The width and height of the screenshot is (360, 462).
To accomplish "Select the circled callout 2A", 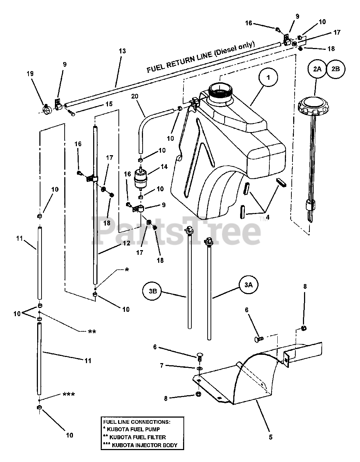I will pos(317,69).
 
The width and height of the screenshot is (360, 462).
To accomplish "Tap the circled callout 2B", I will pos(335,69).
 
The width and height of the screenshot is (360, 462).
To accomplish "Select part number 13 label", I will pos(122,51).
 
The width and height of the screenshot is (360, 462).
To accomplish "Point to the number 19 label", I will pos(30,74).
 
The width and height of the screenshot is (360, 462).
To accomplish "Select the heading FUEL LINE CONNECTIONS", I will pos(136,421).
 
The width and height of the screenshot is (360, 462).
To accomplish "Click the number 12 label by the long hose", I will pos(126,243).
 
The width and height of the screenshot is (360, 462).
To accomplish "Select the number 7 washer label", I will pos(162,366).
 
